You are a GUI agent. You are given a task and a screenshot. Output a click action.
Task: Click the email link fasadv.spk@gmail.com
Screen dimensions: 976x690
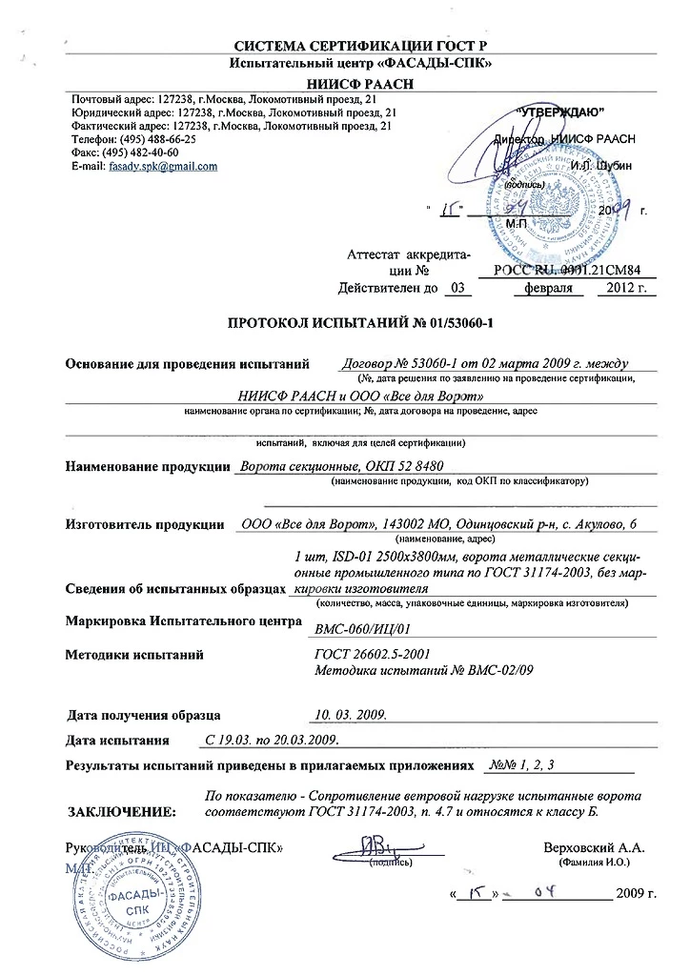coord(165,166)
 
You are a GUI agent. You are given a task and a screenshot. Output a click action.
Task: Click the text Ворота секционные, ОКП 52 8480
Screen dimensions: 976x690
coord(341,465)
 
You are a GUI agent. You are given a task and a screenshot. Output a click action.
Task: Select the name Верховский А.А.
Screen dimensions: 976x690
coord(594,846)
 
